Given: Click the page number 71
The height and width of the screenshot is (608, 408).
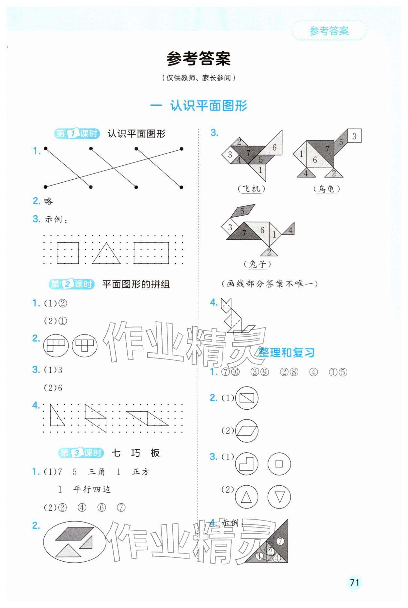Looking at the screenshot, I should [354, 582].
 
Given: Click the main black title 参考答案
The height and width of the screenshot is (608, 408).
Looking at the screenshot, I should [198, 59].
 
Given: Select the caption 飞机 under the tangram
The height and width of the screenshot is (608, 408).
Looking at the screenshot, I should [251, 189].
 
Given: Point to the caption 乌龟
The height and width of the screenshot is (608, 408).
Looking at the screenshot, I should [326, 189].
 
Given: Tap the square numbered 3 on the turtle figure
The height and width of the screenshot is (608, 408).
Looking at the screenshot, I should [354, 136].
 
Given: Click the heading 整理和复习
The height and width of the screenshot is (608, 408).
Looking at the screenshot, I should [286, 353].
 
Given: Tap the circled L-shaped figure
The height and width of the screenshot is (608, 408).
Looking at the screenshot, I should [246, 464].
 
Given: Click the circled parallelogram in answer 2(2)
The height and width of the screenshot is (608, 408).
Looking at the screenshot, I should [246, 431].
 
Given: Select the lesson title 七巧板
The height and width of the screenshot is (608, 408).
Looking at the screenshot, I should [135, 453].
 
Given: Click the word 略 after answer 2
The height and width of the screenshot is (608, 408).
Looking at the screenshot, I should [48, 201].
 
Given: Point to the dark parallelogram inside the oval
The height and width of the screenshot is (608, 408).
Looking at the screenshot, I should [74, 533].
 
